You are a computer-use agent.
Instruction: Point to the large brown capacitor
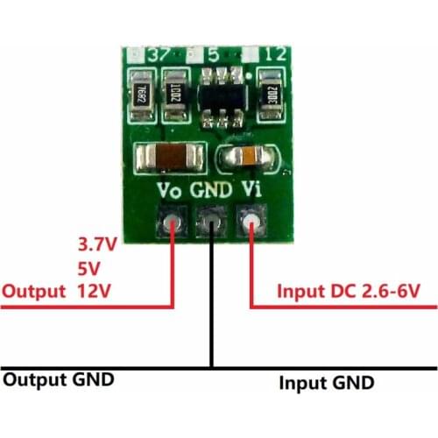(171, 159)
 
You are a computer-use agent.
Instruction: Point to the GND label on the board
(212, 188)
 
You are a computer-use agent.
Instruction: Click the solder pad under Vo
(172, 223)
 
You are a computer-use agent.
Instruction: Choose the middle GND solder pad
(212, 223)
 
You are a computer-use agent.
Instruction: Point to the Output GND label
(59, 380)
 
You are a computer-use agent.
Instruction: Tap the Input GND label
(326, 383)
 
